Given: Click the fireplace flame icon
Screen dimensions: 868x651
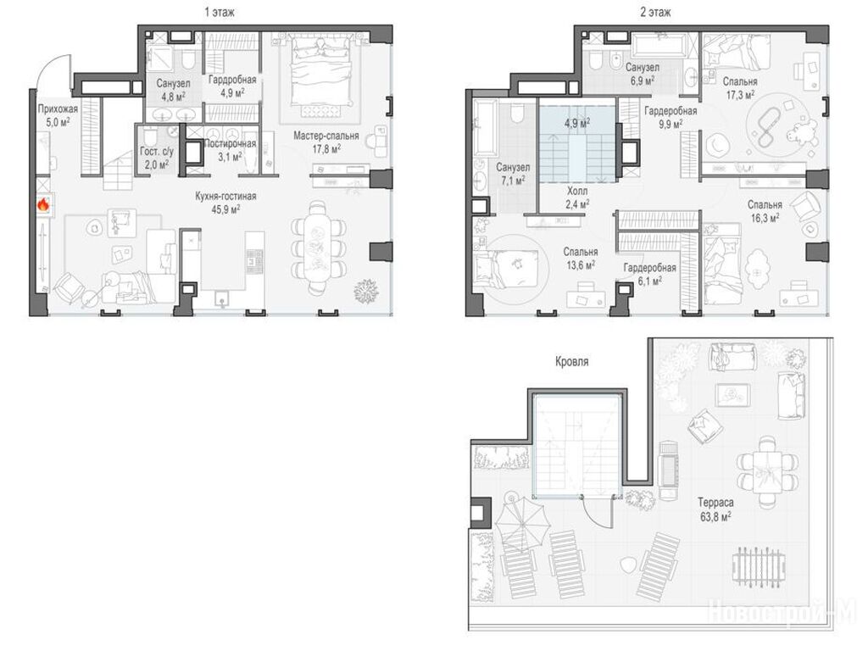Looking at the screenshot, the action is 43,205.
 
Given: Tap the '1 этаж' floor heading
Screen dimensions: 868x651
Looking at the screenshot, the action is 220,12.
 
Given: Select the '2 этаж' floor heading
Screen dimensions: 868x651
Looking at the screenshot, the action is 655,12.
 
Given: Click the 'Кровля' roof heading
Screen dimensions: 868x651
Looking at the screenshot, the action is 572,362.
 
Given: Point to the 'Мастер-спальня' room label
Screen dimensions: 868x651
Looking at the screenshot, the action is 326,136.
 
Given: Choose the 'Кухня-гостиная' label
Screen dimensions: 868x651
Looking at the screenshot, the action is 225,197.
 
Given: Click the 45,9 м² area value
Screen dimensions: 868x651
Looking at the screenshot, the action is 225,209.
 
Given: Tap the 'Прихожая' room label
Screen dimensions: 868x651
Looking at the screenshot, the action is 58,109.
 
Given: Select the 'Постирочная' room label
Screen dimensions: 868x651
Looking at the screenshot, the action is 230,144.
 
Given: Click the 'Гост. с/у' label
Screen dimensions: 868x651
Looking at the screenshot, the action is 157,152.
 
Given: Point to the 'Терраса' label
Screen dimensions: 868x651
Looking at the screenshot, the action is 715,503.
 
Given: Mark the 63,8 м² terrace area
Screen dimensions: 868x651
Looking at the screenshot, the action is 715,516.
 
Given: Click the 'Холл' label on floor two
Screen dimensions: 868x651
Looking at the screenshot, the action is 577,191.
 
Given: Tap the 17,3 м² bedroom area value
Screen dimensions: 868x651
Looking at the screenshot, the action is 740,95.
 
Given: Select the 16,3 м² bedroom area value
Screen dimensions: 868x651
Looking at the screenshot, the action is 765,218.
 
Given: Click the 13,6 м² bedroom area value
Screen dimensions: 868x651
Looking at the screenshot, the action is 580,264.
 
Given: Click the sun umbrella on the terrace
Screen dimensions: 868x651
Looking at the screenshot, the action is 519,521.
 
